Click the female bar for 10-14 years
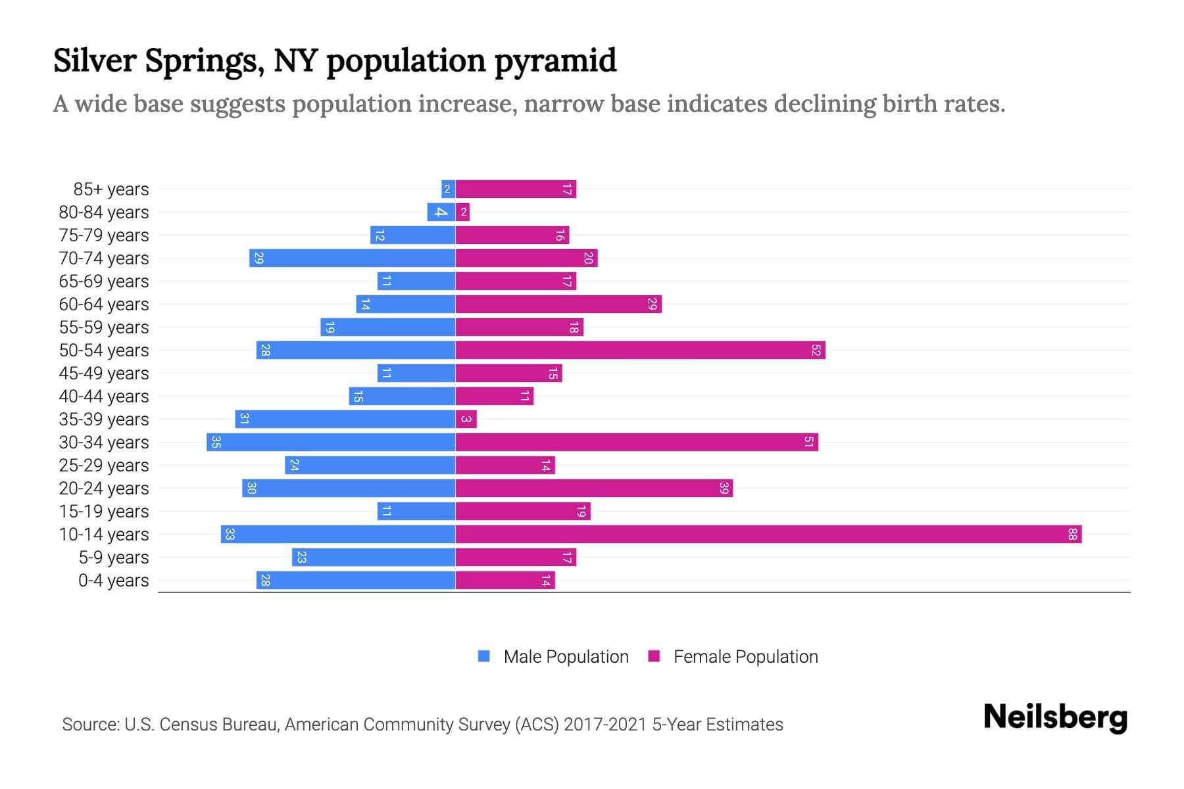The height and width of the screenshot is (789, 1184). click(768, 535)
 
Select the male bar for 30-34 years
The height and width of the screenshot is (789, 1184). click(331, 442)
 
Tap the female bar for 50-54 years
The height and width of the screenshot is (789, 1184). click(640, 350)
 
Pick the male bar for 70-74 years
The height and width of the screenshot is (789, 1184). click(352, 258)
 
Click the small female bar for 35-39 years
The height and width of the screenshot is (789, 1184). click(466, 419)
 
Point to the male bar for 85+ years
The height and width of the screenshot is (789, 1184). click(448, 189)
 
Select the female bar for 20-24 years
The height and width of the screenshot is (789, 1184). click(594, 489)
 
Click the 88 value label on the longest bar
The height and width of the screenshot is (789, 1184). click(1072, 535)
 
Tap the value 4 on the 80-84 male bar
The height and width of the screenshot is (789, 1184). click(441, 212)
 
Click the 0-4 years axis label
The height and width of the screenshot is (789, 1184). click(113, 581)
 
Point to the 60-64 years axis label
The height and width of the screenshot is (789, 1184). click(104, 304)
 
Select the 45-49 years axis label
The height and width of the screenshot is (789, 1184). click(104, 373)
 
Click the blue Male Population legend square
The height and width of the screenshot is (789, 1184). click(484, 656)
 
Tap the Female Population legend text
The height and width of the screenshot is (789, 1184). click(745, 657)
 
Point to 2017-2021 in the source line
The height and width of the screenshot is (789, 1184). click(605, 725)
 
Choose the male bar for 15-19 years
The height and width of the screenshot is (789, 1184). click(416, 512)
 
